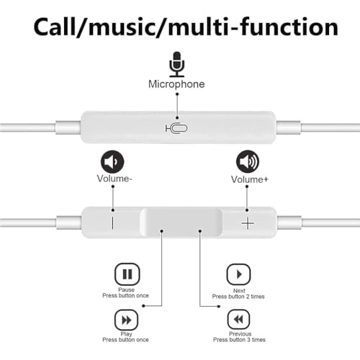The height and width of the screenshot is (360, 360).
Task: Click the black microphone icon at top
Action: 177,64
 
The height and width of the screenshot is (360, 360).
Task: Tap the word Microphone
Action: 176,84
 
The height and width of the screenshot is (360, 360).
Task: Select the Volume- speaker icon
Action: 112,162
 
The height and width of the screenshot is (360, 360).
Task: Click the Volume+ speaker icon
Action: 248,162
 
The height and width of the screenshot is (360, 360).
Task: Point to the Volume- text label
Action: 114,179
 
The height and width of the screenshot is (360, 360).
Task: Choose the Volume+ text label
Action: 250,179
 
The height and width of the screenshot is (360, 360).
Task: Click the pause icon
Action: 127,274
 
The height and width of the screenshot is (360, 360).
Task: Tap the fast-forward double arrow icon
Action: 127,320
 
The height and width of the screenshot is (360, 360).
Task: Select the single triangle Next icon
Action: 238,274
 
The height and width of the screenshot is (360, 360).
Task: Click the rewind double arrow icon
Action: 238,320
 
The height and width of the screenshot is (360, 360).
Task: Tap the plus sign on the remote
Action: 248,223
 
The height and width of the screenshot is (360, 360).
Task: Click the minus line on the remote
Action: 112,223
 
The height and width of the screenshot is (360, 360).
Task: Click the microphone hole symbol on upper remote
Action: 176,129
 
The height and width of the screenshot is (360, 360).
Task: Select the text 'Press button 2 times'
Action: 238,297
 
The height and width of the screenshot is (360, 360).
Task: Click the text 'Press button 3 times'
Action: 239,340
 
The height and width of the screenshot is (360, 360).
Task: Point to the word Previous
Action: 240,334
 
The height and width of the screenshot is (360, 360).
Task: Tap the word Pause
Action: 126,289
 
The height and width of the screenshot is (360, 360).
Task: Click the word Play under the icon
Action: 126,334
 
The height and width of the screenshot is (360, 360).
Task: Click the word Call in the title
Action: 55,27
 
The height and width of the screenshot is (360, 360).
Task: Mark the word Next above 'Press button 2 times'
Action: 239,291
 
